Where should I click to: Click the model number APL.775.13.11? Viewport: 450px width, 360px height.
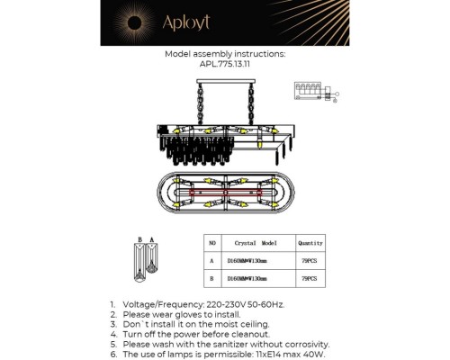click(x=224, y=65)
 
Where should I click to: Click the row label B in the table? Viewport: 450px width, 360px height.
click(x=212, y=280)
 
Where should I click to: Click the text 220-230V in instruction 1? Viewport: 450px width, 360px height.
click(x=217, y=305)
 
